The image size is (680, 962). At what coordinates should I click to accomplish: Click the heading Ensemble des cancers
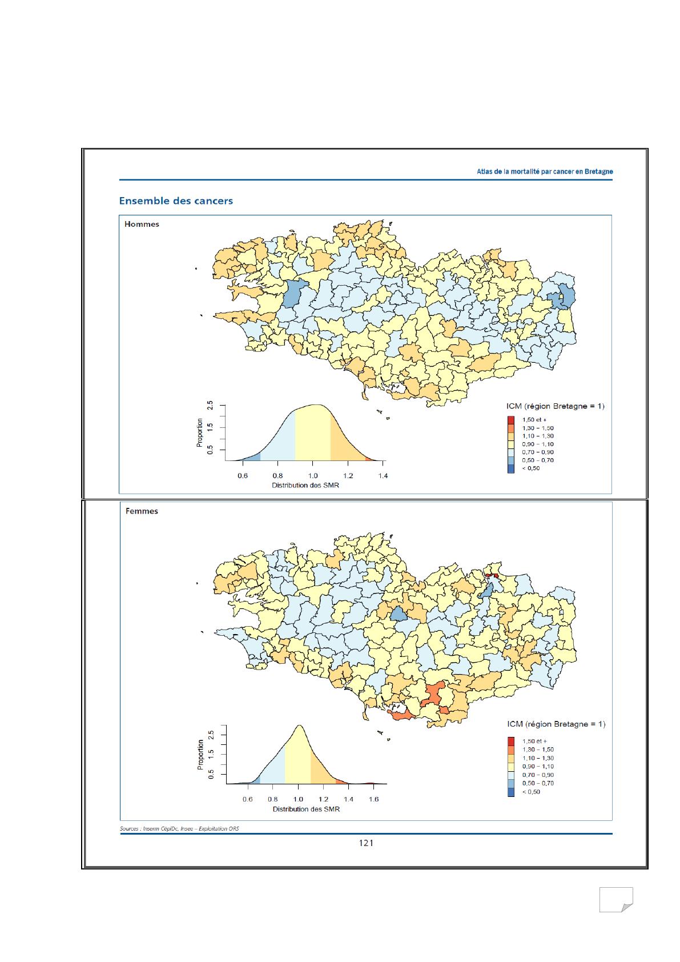(x=175, y=201)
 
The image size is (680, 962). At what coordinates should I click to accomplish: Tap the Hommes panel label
(x=142, y=225)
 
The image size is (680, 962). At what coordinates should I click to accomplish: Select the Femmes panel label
(x=142, y=511)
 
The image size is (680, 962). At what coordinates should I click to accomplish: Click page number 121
(x=366, y=843)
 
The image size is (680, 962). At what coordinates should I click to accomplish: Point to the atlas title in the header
(x=545, y=171)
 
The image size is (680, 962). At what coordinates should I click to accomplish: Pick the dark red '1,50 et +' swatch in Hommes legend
(x=511, y=420)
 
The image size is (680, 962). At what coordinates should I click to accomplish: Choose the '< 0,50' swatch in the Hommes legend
(x=511, y=468)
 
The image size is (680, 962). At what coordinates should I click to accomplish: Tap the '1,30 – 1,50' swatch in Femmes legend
(x=511, y=749)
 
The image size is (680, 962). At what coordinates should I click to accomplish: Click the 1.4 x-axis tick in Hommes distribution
(x=383, y=476)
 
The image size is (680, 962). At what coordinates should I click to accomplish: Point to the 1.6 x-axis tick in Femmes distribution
(x=373, y=799)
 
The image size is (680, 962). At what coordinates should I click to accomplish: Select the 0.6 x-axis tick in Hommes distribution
(x=243, y=476)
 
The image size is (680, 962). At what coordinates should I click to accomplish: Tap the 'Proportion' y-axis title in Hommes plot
(x=200, y=432)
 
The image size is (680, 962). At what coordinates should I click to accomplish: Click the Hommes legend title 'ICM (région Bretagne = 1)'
(x=555, y=406)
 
